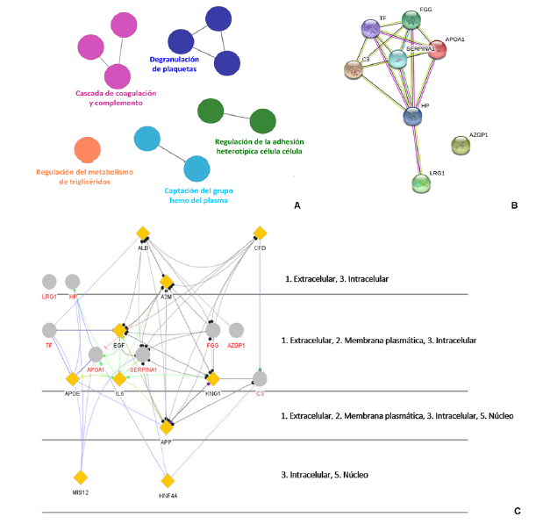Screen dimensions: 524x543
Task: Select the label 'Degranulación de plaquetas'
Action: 185,65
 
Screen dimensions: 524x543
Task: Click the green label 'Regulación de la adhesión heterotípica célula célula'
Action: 259,145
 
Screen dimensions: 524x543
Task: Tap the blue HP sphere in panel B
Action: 413,116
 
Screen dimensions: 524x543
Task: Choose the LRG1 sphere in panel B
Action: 423,183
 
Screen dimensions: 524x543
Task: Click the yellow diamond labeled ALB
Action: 143,233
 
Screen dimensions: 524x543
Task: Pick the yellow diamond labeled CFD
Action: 260,233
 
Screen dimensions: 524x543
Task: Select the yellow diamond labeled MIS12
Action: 81,477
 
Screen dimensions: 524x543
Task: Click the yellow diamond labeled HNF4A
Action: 168,480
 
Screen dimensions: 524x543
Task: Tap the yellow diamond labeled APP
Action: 167,427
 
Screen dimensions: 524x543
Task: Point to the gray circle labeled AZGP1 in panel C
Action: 235,330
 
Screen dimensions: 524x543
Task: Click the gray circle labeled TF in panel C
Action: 50,330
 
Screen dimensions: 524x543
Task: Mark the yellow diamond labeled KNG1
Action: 211,378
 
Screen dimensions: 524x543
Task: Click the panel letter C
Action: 517,511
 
